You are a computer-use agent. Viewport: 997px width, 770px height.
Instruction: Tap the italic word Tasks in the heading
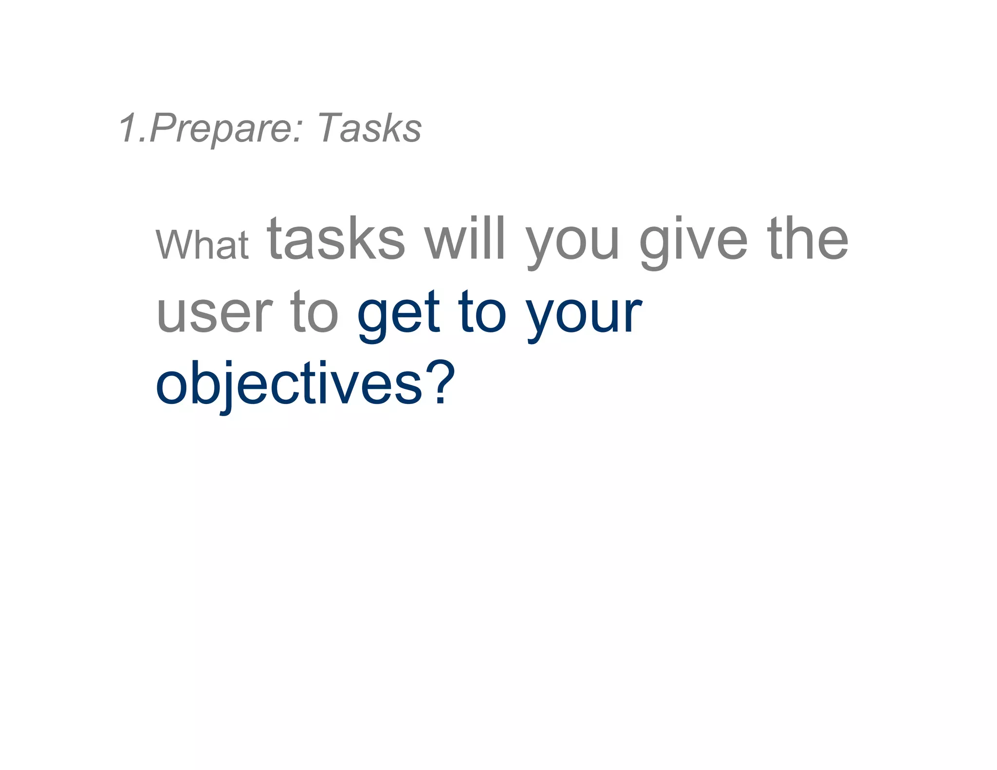(369, 128)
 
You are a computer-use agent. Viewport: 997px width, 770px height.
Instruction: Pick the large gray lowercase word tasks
(336, 239)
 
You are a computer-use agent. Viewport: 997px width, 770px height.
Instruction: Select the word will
(464, 239)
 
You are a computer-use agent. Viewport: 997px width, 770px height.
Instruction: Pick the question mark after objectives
(441, 382)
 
